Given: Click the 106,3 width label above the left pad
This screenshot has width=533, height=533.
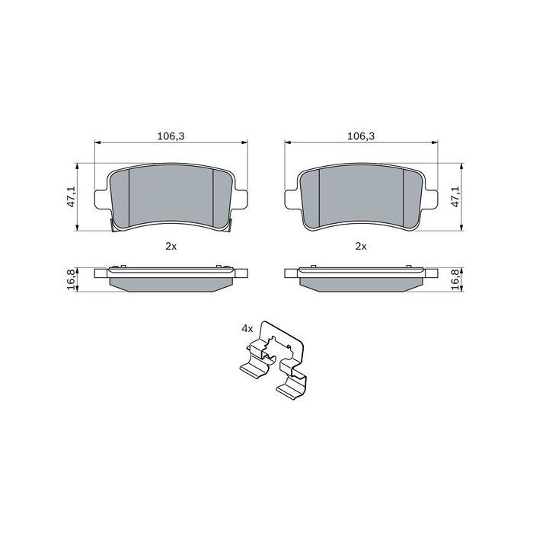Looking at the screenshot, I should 171,136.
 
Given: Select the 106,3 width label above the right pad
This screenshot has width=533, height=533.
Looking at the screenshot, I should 361,136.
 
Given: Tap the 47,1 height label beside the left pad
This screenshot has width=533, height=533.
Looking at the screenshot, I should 72,196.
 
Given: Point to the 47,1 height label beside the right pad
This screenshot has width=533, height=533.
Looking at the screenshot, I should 455,196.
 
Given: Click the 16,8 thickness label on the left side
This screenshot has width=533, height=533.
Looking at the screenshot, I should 72,279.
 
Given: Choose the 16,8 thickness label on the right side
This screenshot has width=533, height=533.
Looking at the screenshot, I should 455,279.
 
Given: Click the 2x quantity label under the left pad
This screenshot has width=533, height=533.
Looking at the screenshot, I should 171,246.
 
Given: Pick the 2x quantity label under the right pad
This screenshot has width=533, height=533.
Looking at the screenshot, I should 361,246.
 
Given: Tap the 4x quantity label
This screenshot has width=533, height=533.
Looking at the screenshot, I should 247,328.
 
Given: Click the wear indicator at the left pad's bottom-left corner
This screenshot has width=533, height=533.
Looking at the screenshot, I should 113,225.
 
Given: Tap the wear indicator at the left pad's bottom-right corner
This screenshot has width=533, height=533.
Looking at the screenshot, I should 228,225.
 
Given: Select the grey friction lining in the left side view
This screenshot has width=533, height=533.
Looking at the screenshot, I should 171,283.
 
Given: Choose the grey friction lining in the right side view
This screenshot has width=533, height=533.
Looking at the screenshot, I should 361,283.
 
